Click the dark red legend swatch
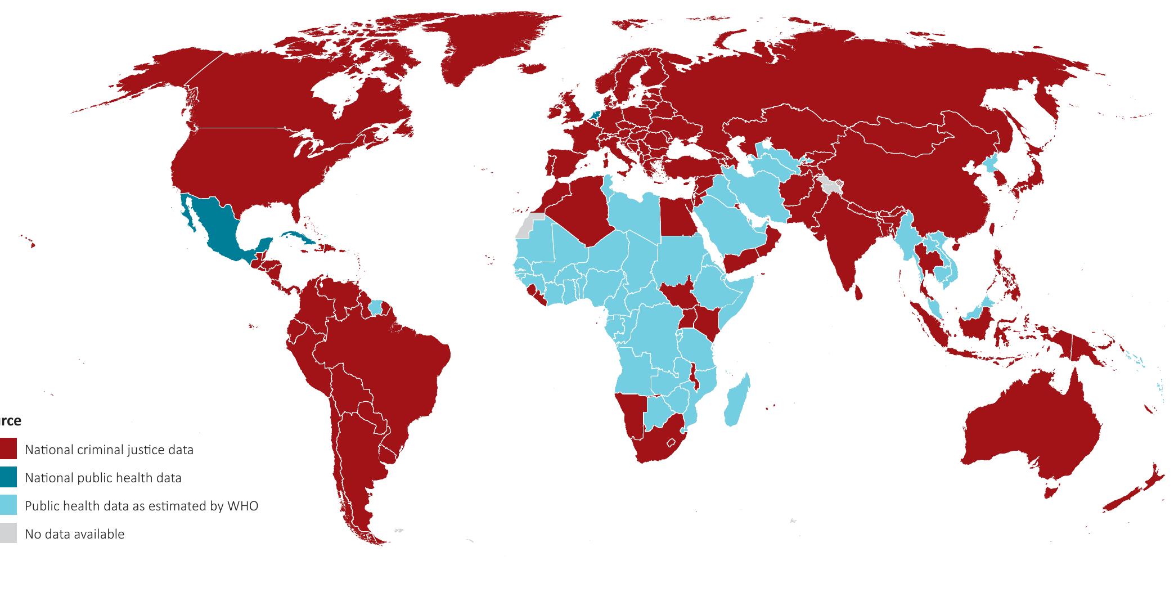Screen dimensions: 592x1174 (8, 450)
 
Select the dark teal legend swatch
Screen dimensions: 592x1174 (8, 478)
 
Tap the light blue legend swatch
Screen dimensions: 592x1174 (8, 506)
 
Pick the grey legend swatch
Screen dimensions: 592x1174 (8, 534)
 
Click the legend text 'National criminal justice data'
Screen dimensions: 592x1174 (109, 450)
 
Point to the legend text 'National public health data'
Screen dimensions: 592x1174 (103, 478)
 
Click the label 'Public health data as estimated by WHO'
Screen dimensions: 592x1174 (141, 506)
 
